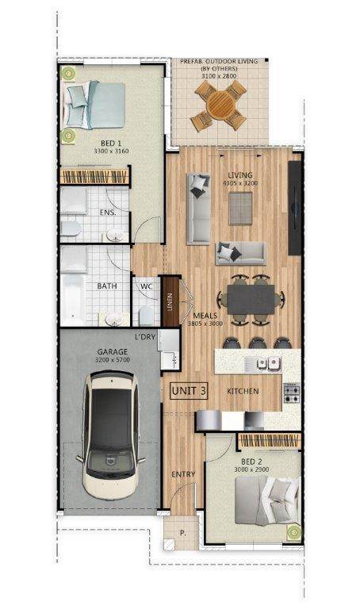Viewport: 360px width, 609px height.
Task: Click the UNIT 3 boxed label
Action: point(189,391)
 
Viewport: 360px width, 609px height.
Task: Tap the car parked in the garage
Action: point(111,435)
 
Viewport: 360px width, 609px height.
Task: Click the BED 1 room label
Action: point(111,144)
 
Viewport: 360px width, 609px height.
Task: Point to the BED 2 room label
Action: point(251,462)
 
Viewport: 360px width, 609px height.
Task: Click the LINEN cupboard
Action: point(170,301)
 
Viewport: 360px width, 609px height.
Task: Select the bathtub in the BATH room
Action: point(73,299)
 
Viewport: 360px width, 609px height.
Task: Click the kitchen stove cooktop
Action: point(292,393)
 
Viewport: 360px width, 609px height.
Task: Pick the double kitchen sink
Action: point(268,363)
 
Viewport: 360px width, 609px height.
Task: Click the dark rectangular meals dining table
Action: point(251,299)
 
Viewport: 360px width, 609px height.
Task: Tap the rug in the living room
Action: point(240,209)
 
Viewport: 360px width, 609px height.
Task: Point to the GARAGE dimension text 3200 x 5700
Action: point(113,360)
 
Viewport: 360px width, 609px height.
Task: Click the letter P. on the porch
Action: point(183,533)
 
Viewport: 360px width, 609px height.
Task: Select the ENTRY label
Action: point(183,474)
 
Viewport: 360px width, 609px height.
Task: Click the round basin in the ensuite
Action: point(115,235)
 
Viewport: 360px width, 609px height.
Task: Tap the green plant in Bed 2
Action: point(294,532)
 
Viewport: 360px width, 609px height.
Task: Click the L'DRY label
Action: point(145,337)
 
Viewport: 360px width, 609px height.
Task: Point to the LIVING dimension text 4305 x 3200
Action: point(240,183)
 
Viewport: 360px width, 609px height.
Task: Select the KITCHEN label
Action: point(243,391)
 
